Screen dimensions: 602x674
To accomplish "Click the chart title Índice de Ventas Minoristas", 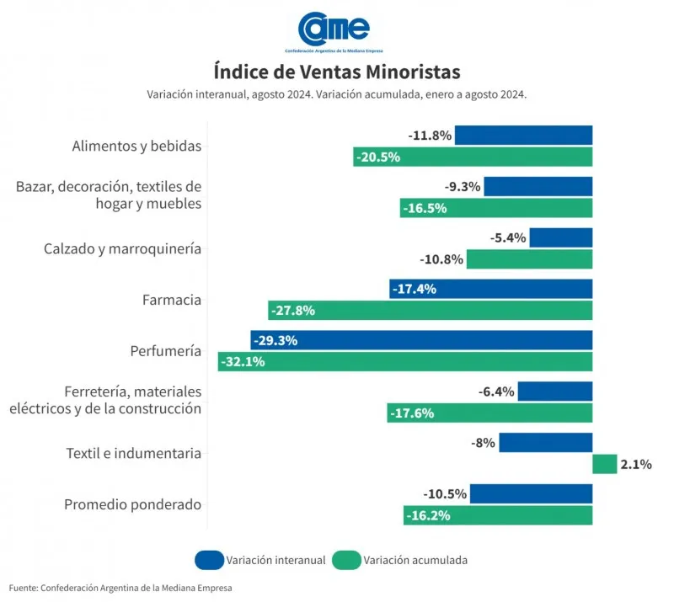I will [336, 71].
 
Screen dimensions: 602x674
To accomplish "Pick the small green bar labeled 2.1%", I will [604, 464].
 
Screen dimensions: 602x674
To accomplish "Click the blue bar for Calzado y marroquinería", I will [560, 237].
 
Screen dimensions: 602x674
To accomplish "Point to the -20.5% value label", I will [377, 157].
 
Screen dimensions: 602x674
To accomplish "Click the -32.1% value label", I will [243, 362].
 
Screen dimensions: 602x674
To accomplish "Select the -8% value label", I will [484, 443].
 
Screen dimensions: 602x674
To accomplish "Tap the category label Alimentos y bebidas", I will [136, 146].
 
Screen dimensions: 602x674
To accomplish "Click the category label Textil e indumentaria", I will [133, 453].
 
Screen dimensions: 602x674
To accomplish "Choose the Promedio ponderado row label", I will [132, 504].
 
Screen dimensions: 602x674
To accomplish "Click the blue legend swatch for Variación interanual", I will [209, 559].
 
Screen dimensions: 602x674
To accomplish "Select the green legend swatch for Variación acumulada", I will [346, 559].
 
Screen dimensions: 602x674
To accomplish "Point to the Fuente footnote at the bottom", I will [120, 587].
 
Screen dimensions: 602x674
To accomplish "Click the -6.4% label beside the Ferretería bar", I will [496, 392].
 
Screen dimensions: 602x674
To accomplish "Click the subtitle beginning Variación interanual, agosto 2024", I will [336, 94].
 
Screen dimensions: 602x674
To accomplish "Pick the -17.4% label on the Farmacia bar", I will [414, 289].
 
